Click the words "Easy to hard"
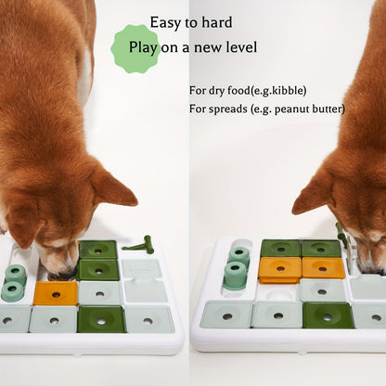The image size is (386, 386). pyautogui.click(x=191, y=21)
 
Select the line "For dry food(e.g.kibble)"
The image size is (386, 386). pyautogui.click(x=248, y=90)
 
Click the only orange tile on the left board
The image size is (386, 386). pyautogui.click(x=55, y=293)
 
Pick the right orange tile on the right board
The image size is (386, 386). pyautogui.click(x=324, y=268)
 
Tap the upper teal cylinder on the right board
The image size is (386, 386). pyautogui.click(x=239, y=253)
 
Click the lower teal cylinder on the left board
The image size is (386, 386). pyautogui.click(x=13, y=290)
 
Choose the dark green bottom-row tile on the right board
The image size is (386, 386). pyautogui.click(x=327, y=315)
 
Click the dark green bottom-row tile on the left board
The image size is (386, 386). pyautogui.click(x=100, y=319)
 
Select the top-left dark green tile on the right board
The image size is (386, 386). pyautogui.click(x=280, y=248)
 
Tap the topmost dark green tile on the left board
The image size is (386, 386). pyautogui.click(x=97, y=250)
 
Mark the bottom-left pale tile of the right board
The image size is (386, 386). pyautogui.click(x=225, y=314)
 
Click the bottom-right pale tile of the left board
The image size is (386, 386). pyautogui.click(x=148, y=319)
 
